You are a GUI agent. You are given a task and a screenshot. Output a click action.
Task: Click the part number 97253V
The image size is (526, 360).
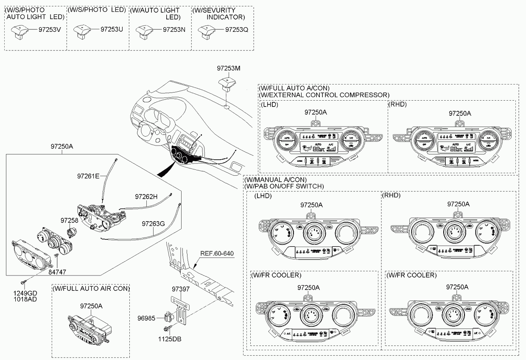50,30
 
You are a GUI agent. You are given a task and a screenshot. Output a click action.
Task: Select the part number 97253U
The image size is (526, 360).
112,30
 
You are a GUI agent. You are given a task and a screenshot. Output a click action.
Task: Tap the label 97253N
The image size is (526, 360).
174,30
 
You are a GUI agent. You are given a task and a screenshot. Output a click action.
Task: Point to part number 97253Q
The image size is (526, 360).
236,30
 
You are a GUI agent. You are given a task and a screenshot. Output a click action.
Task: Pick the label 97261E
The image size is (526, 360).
88,176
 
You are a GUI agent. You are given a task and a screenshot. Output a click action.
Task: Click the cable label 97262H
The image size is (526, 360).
146,197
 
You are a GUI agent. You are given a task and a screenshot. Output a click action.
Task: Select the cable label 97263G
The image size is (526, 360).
153,223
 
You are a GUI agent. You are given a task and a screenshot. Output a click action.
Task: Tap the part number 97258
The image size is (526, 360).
69,220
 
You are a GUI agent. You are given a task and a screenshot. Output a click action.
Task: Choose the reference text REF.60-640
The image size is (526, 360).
217,253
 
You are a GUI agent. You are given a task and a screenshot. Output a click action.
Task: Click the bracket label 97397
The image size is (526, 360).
180,289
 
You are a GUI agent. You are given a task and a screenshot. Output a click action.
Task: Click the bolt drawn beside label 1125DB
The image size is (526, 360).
166,329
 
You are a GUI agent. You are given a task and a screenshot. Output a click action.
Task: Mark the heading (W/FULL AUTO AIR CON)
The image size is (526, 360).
91,289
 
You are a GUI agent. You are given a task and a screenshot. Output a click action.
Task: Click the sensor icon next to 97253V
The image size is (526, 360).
18,31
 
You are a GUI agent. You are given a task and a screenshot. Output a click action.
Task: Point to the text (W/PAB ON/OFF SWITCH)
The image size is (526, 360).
284,186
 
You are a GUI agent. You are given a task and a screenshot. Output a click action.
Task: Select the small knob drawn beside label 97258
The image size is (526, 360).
73,233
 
